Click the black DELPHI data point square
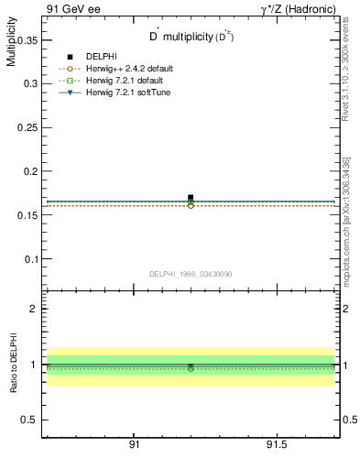(x=191, y=197)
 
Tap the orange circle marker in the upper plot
(x=191, y=205)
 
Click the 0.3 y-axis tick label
(x=29, y=83)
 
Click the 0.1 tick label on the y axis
(x=29, y=259)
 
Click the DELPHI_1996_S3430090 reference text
(x=191, y=274)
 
